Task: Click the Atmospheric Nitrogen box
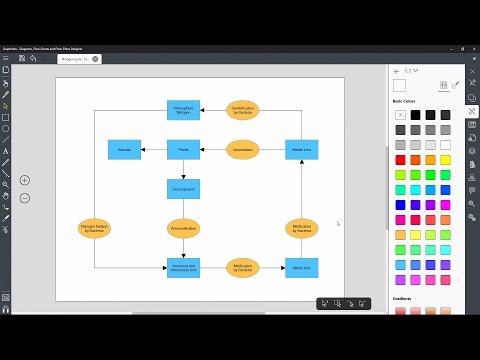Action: click(183, 110)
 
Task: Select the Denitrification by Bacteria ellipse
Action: click(243, 110)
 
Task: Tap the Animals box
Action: click(125, 150)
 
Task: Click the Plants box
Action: click(183, 150)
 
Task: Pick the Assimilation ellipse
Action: click(243, 150)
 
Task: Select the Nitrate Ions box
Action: click(302, 150)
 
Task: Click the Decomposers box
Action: click(183, 188)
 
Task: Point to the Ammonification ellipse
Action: click(183, 228)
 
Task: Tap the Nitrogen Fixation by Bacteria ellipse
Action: click(94, 228)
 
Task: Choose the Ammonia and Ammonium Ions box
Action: click(183, 267)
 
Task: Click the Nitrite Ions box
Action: click(302, 267)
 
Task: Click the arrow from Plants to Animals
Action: click(153, 150)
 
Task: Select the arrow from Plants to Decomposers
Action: click(183, 169)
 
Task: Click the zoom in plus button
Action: click(25, 180)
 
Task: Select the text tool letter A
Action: click(6, 151)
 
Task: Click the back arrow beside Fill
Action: click(397, 71)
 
